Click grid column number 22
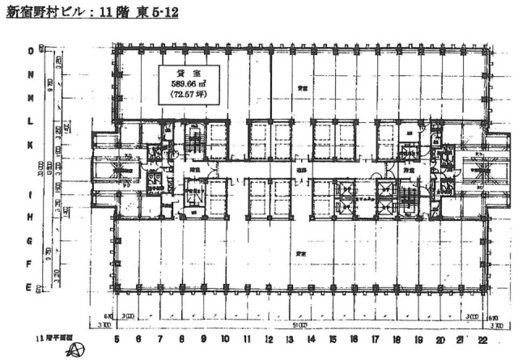[482, 339]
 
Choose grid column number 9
[203, 339]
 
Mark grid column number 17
[375, 339]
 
